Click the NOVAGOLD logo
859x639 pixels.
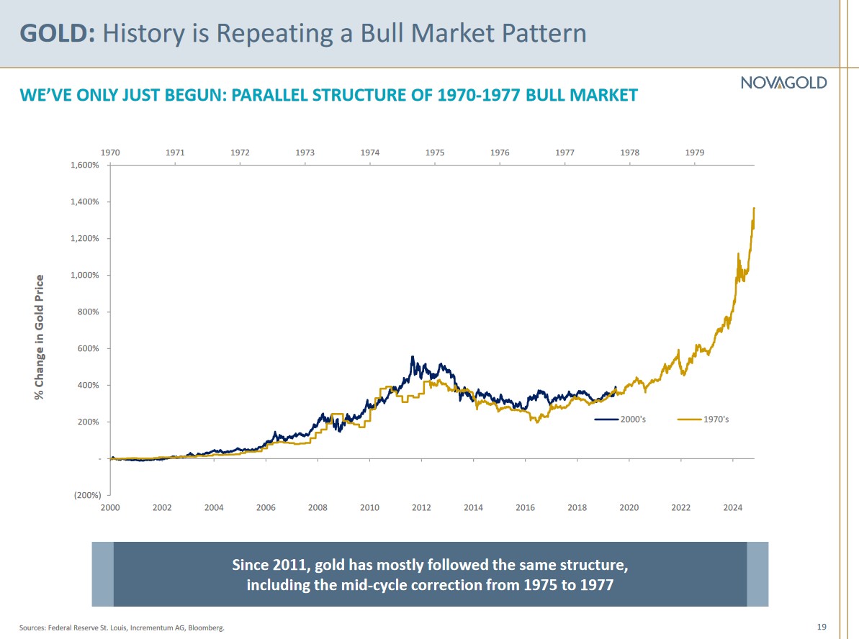pyautogui.click(x=783, y=83)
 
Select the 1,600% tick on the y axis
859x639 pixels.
pyautogui.click(x=89, y=165)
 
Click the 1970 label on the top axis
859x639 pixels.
pyautogui.click(x=110, y=153)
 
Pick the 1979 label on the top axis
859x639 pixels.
pyautogui.click(x=695, y=153)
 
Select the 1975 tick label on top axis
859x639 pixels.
pyautogui.click(x=435, y=153)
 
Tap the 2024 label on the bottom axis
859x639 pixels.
pyautogui.click(x=732, y=507)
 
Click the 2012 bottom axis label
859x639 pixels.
pyautogui.click(x=421, y=507)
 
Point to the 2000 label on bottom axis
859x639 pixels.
pyautogui.click(x=110, y=507)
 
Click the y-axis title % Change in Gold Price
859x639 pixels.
pyautogui.click(x=40, y=337)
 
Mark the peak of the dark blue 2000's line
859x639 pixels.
pyautogui.click(x=413, y=357)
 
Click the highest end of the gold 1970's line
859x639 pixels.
pyautogui.click(x=754, y=208)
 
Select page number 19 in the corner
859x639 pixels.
pyautogui.click(x=822, y=627)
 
